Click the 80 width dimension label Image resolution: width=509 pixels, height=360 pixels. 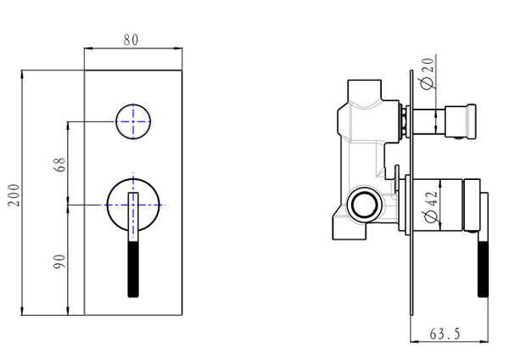(x=131, y=40)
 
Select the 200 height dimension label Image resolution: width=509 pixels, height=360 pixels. (x=14, y=195)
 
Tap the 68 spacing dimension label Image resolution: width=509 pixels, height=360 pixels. (x=59, y=165)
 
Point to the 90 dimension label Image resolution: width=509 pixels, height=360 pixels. (x=59, y=262)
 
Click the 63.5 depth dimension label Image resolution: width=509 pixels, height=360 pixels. (x=445, y=334)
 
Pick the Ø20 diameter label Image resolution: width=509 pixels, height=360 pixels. (x=428, y=73)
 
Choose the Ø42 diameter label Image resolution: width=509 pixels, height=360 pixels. (x=432, y=207)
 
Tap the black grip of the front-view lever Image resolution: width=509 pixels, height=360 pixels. (x=133, y=269)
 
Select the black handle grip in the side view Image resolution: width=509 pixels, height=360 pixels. (x=483, y=269)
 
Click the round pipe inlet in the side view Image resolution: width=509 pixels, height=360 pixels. (x=365, y=205)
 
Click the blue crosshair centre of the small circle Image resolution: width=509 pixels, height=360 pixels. (x=133, y=121)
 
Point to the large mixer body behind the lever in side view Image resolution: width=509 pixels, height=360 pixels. (x=434, y=205)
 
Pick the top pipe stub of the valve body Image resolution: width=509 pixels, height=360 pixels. (x=364, y=90)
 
